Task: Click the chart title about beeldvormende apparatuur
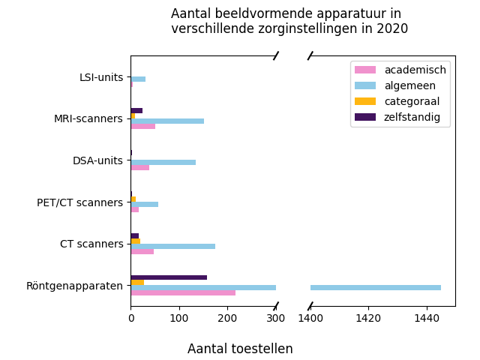click(x=289, y=22)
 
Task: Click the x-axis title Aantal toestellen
click(x=240, y=349)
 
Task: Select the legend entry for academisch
click(x=415, y=70)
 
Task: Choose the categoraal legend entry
click(x=412, y=101)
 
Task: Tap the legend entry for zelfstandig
click(x=412, y=117)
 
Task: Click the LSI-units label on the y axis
click(x=101, y=77)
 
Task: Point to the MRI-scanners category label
click(x=88, y=118)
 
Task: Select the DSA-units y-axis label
click(x=97, y=160)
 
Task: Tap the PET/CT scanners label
click(x=79, y=202)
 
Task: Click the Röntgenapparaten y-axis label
click(x=74, y=286)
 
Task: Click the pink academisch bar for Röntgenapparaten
click(x=183, y=292)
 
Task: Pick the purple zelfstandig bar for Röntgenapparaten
click(x=169, y=277)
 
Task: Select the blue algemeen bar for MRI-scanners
click(x=167, y=121)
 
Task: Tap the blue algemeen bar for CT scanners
click(x=172, y=246)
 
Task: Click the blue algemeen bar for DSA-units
click(x=163, y=162)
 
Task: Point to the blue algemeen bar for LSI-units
click(x=138, y=79)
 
